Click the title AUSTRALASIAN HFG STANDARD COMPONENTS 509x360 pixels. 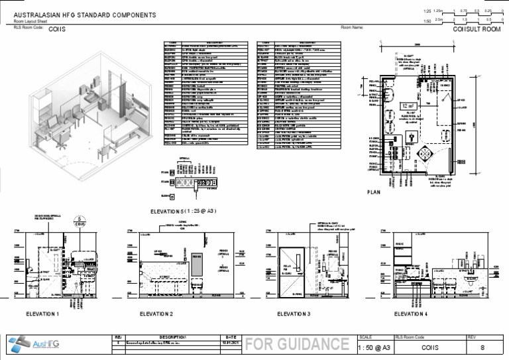point(85,15)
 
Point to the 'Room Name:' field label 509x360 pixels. point(352,28)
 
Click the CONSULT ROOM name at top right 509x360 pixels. point(476,30)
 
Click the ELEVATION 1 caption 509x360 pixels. point(42,314)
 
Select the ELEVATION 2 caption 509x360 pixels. point(156,314)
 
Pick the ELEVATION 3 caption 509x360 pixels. point(294,314)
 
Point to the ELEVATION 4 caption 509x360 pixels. point(411,314)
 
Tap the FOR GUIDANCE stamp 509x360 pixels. point(296,344)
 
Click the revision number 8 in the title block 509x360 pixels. point(482,347)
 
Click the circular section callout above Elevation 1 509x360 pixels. point(79,220)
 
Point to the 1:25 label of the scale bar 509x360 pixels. point(427,11)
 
